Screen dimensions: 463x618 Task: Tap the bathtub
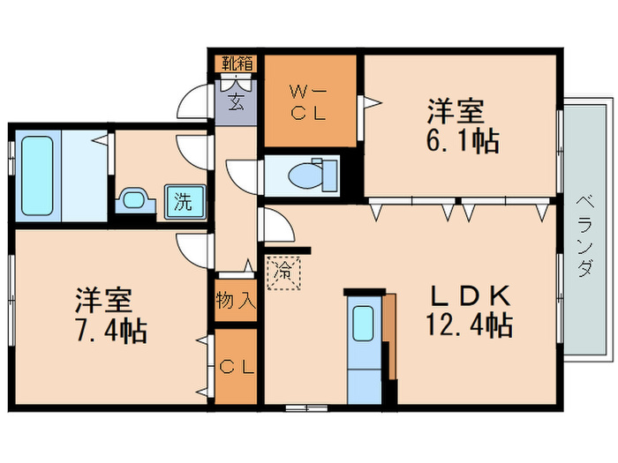37,176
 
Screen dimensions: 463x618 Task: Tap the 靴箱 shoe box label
237,63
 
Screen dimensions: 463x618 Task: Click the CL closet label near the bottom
236,366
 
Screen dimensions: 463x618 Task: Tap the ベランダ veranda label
584,234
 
